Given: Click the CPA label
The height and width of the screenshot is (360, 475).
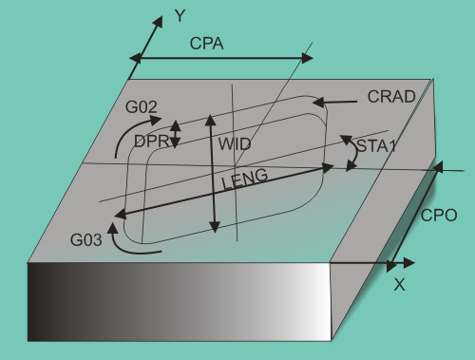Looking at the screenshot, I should click(208, 44).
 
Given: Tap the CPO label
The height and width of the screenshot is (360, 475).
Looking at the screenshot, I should click(439, 215).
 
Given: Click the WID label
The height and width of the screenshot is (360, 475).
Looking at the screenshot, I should click(236, 143).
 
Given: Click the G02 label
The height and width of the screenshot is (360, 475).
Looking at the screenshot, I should click(141, 108).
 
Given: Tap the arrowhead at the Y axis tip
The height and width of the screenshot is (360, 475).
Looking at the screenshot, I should click(153, 21).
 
